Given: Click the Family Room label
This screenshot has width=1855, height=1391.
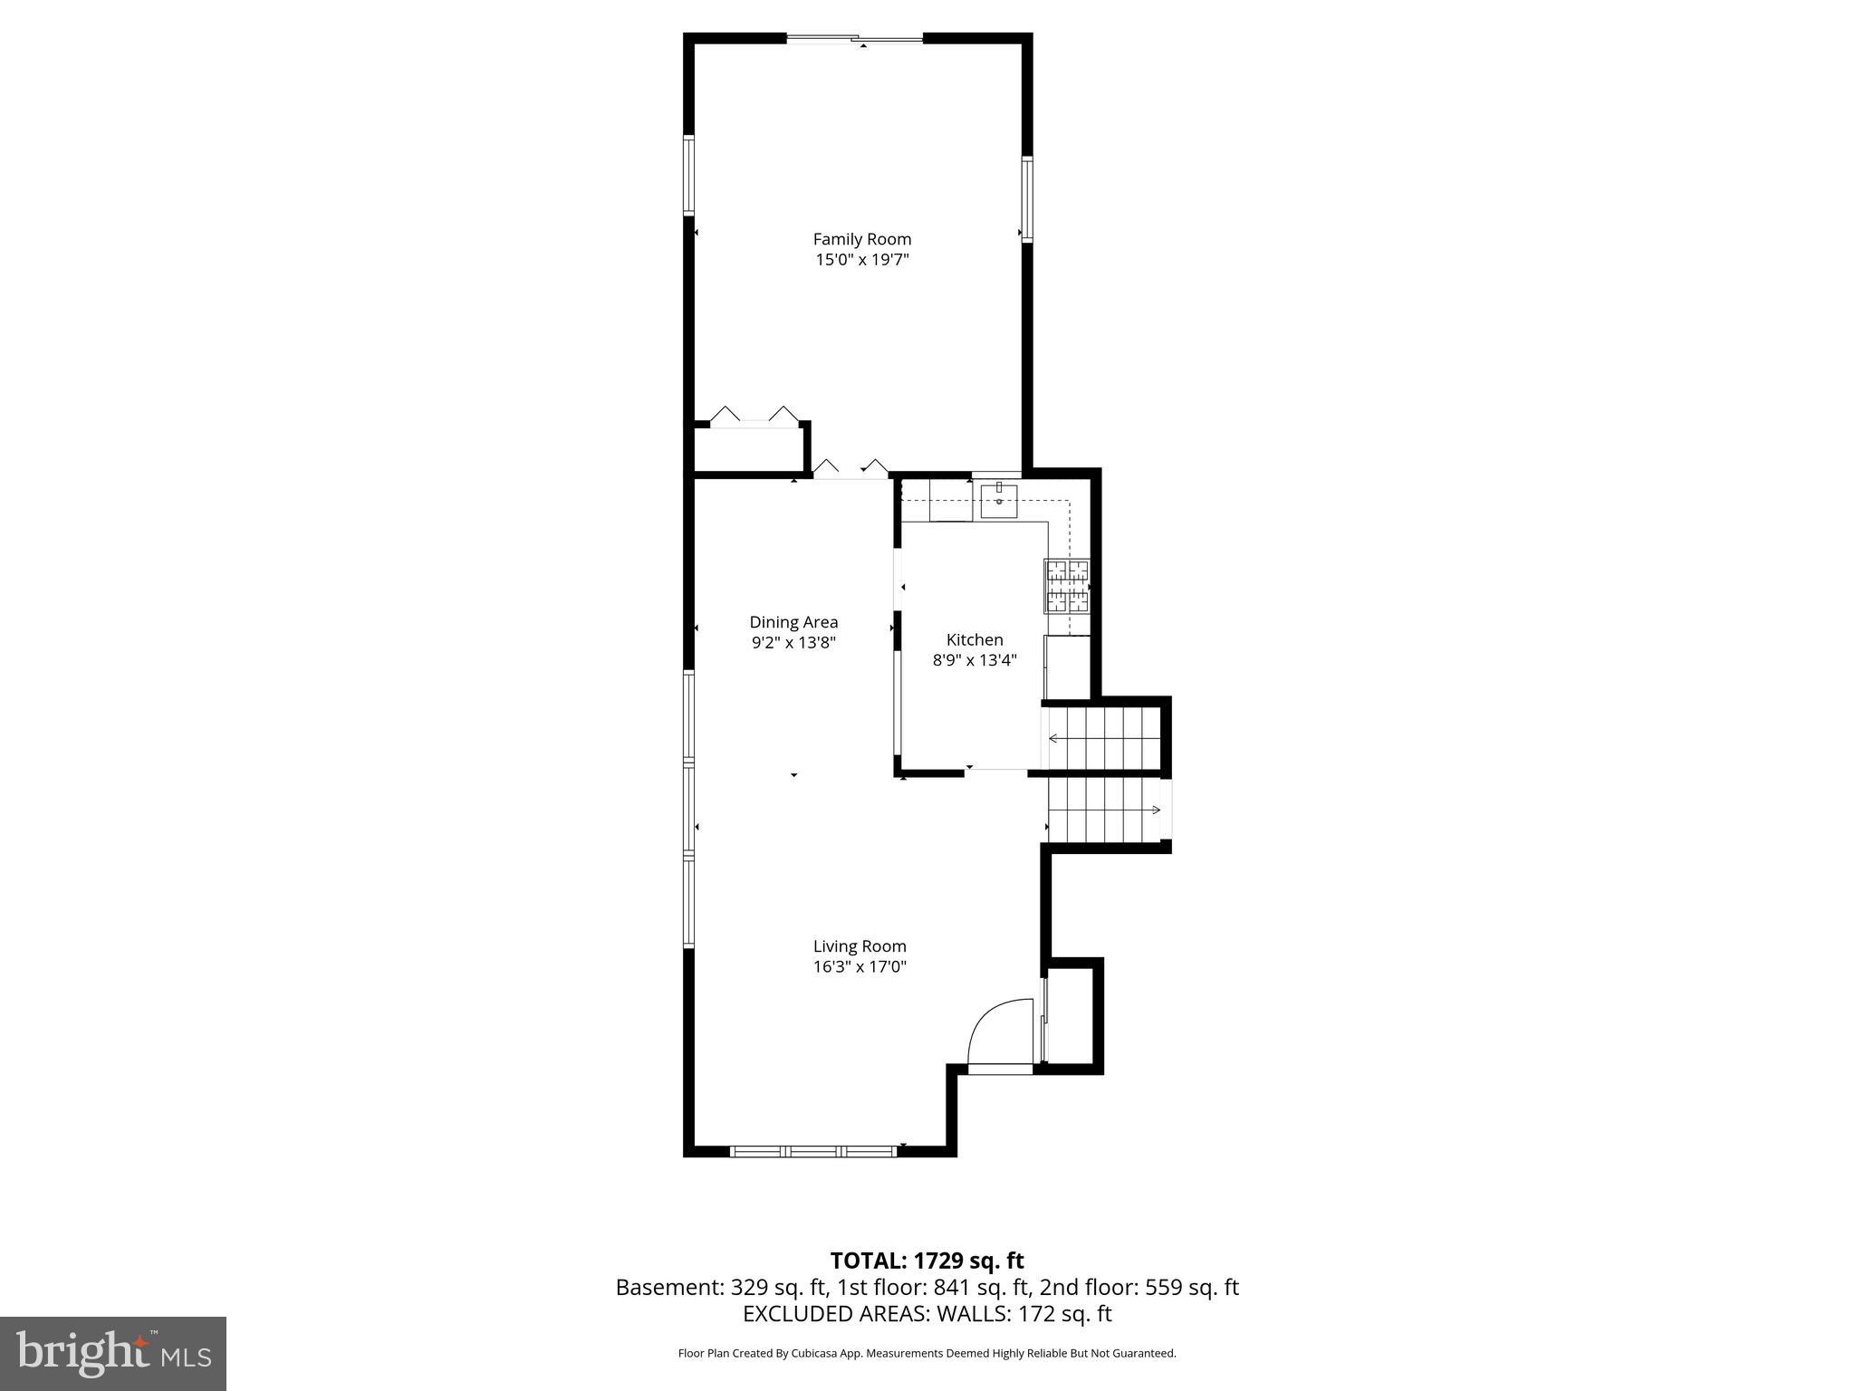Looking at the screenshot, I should pos(861,239).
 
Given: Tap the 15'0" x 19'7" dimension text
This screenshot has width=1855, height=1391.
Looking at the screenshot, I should pos(861,260).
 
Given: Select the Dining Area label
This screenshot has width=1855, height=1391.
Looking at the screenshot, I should pos(793,622).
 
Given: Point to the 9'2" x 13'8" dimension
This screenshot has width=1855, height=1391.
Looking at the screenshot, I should pos(793,643).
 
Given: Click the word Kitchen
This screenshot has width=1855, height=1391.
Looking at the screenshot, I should pos(975,639).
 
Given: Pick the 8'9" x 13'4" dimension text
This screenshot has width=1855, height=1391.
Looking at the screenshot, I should pos(975,660).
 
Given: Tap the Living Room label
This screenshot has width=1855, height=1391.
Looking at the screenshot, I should pos(860,946).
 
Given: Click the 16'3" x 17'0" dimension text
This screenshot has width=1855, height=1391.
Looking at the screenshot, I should pos(860,966).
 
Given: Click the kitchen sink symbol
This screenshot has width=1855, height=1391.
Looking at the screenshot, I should pos(998,500).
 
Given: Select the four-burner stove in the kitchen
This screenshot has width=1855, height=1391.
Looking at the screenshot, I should pos(1068,586).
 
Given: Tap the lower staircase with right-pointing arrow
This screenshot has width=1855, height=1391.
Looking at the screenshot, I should pos(1105,809).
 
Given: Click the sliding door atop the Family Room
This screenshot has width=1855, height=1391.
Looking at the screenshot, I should pos(854,38).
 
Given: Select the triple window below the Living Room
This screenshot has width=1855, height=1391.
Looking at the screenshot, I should pos(812,1151).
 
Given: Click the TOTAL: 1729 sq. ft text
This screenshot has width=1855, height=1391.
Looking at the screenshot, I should pos(927,1261).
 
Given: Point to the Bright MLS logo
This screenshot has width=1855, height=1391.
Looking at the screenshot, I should pos(113,1353).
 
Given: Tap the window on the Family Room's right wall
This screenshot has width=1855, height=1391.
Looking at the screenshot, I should pos(1027,198).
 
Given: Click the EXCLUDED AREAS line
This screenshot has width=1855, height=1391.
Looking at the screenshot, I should pos(927,1314).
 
